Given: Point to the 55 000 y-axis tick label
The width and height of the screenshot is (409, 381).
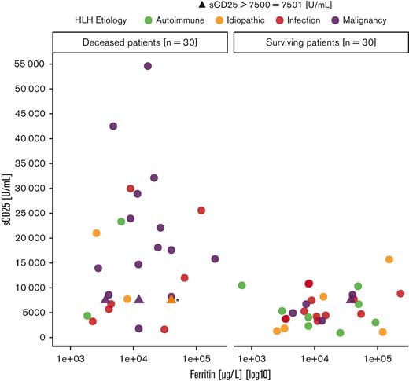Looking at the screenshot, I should [x=24, y=67].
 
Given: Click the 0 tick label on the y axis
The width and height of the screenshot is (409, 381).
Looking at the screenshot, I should [x=39, y=338].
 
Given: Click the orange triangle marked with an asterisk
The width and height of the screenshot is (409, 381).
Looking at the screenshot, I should [x=171, y=299].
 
